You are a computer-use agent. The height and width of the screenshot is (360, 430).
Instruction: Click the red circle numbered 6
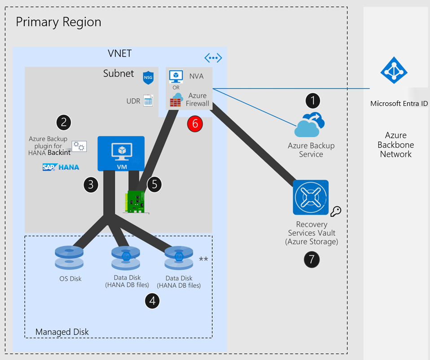(195, 123)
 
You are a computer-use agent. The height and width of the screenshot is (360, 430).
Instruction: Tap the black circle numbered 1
(312, 101)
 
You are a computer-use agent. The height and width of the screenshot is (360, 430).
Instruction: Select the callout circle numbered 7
(312, 259)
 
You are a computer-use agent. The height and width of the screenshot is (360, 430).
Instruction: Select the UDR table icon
(148, 101)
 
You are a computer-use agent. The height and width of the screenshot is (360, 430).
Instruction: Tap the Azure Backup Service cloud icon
(310, 125)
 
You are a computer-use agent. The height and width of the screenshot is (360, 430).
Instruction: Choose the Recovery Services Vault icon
(311, 198)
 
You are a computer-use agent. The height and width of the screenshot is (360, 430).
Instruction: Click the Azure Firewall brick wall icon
(176, 101)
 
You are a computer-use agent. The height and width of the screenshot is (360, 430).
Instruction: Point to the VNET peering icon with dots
(213, 57)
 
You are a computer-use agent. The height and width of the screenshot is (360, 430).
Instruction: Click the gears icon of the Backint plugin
(79, 145)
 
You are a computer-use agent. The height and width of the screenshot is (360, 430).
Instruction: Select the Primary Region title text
(58, 22)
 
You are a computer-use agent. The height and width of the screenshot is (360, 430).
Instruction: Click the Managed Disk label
(62, 332)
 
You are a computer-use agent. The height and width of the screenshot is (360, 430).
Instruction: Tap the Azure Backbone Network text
(395, 145)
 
